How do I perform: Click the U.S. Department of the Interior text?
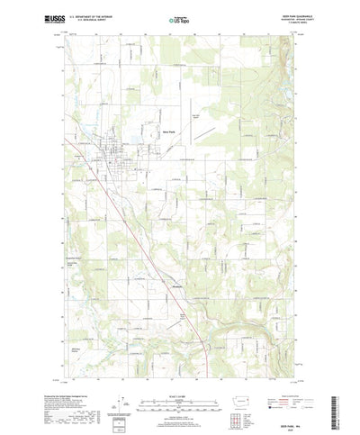click(86, 14)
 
